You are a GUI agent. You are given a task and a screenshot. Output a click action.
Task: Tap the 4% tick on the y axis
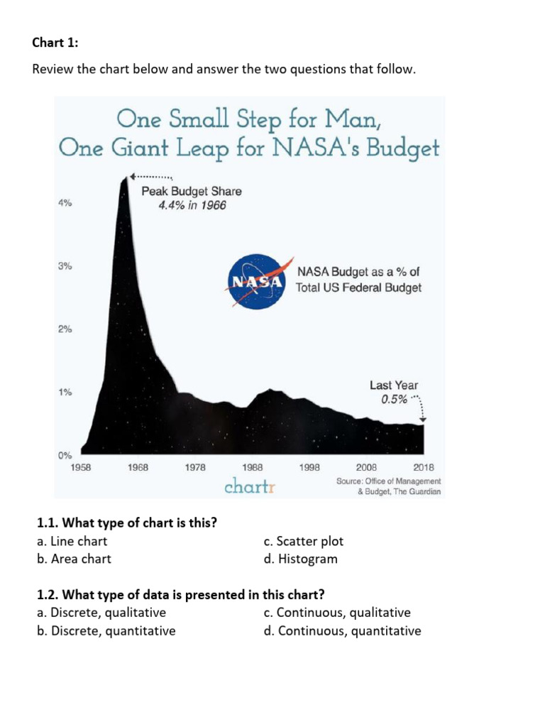[x=65, y=203]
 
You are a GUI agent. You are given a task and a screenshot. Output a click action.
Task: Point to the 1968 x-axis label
[x=138, y=467]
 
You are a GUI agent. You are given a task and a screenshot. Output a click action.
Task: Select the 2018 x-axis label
[x=423, y=467]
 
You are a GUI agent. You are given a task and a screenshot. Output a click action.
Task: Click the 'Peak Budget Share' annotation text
[x=191, y=191]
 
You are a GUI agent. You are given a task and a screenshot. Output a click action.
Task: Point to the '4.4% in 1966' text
[x=192, y=206]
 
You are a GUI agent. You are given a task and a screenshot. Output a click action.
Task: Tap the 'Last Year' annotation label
[x=394, y=385]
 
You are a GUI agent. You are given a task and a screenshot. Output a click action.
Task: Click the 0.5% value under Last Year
[x=394, y=399]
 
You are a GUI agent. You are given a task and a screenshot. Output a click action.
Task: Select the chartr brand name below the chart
[x=249, y=486]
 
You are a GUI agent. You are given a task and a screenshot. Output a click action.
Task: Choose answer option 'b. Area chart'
[x=74, y=559]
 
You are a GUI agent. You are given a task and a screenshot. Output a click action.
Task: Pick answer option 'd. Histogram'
[x=300, y=559]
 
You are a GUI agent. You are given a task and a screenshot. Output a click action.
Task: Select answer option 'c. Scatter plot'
[x=303, y=541]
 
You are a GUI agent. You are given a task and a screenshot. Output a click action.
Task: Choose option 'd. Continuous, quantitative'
[x=342, y=630]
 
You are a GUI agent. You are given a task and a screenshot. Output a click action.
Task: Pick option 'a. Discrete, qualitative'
[x=101, y=612]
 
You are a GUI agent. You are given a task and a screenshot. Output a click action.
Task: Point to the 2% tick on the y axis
[x=65, y=329]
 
